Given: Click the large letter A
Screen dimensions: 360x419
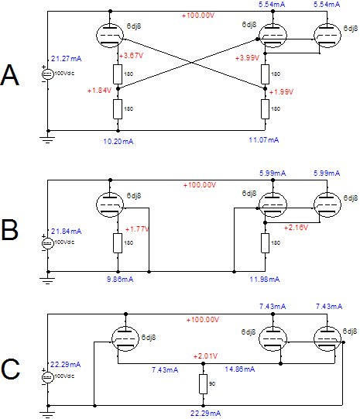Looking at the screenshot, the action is [10, 75].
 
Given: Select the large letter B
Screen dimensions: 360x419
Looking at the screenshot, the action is [10, 230].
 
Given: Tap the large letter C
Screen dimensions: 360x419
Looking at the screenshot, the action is [10, 369].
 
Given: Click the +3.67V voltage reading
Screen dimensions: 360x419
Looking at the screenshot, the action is [131, 56].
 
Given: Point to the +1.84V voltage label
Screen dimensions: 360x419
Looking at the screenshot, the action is [99, 91].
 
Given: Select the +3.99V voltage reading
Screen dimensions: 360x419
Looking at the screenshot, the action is [247, 58].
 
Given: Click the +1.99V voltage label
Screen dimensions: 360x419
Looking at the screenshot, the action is [281, 92].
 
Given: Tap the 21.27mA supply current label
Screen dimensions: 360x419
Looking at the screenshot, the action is [67, 59].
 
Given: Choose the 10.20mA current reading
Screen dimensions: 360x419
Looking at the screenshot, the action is [118, 142].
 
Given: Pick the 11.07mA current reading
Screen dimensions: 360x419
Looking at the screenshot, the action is [264, 140].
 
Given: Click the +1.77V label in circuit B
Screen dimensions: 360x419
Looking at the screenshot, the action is [137, 229].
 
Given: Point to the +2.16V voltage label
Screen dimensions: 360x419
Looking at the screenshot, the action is [296, 228].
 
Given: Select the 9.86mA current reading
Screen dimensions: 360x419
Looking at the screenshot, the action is [120, 280].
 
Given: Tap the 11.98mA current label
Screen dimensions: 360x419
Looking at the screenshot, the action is [265, 280].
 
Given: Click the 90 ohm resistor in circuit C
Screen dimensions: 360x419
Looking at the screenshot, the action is [204, 384].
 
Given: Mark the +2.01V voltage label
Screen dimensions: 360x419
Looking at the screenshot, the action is [205, 356].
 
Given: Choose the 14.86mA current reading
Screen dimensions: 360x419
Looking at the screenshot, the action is [240, 369].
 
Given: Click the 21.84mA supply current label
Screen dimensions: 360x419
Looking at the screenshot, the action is [67, 232].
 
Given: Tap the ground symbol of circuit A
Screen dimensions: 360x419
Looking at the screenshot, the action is [47, 139].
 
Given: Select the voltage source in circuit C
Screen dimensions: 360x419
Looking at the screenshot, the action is [47, 377].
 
